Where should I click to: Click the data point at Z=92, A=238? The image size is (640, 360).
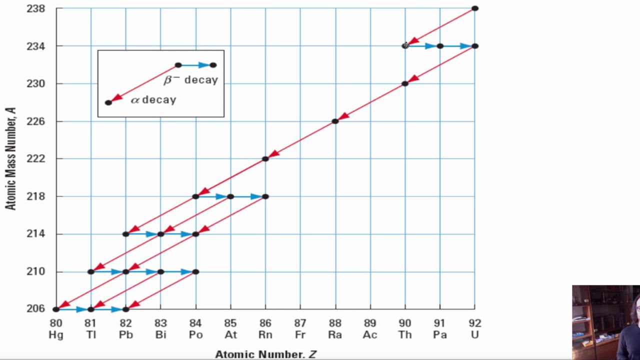pos(474,8)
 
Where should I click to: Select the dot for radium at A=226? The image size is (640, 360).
pos(335,121)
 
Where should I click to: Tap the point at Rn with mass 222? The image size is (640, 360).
pos(265,159)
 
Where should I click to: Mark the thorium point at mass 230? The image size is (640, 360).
pos(405,83)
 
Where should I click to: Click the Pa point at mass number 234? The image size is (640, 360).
pos(440,46)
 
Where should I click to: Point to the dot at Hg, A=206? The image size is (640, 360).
pos(56,309)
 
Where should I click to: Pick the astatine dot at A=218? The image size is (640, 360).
pos(230,196)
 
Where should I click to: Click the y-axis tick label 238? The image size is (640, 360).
pos(35,8)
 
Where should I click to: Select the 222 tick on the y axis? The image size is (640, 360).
pos(35,159)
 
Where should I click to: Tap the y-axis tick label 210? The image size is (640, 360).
pos(35,271)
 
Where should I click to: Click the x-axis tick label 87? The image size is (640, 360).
pos(300,323)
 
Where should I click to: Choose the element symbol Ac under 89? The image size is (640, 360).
pos(370,335)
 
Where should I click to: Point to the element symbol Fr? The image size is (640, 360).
pos(300,335)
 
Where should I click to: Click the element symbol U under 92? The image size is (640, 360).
pos(474,335)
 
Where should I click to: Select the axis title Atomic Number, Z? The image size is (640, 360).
pos(265,354)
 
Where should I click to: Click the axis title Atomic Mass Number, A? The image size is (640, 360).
pos(11,158)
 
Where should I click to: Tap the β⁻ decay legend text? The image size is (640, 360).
pos(191,80)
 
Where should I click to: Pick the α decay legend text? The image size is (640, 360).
pos(153,99)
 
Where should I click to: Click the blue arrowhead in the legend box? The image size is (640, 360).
pos(203,65)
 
